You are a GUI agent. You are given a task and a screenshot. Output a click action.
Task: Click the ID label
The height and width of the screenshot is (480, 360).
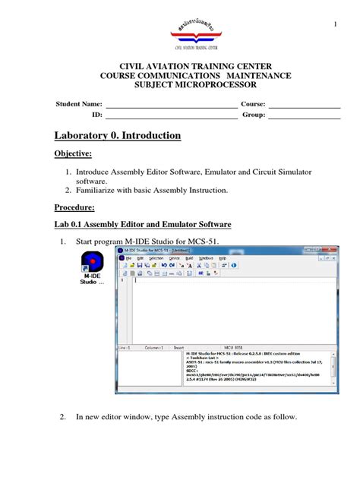pyautogui.click(x=96, y=115)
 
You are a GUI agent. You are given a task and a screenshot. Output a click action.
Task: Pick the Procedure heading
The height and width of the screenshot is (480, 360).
pyautogui.click(x=74, y=207)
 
